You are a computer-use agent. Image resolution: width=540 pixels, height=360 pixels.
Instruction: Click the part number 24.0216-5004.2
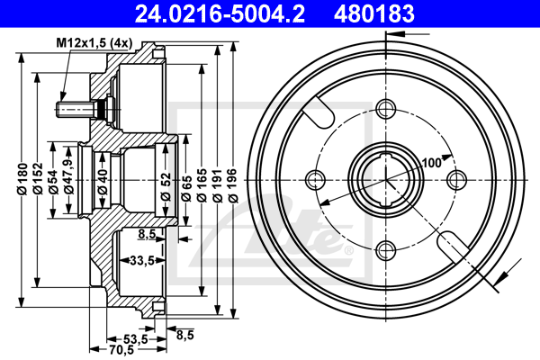pyautogui.click(x=220, y=13)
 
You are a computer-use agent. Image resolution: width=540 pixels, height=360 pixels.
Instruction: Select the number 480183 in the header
pyautogui.click(x=374, y=13)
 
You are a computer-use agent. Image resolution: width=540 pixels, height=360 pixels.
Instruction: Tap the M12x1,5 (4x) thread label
pyautogui.click(x=94, y=43)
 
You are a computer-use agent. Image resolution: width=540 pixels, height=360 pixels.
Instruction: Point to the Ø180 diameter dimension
pyautogui.click(x=22, y=179)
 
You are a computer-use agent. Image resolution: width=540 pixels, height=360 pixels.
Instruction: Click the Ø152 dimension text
pyautogui.click(x=38, y=179)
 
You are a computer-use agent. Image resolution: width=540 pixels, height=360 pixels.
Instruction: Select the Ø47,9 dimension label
pyautogui.click(x=68, y=176)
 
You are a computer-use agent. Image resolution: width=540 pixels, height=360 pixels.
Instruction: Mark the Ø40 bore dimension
pyautogui.click(x=103, y=182)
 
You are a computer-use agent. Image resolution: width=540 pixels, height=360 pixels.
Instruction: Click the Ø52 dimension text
pyautogui.click(x=166, y=186)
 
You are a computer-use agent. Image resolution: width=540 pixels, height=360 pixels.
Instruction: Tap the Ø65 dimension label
pyautogui.click(x=186, y=188)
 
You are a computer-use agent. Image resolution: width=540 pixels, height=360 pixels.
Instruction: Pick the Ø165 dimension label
pyautogui.click(x=202, y=185)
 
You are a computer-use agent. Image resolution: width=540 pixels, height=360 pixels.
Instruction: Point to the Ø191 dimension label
pyautogui.click(x=217, y=185)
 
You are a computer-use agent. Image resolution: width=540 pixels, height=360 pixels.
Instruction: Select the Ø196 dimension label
pyautogui.click(x=233, y=185)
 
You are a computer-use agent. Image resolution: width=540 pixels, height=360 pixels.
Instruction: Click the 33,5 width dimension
pyautogui.click(x=142, y=261)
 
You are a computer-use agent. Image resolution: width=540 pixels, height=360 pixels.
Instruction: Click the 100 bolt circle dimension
pyautogui.click(x=431, y=163)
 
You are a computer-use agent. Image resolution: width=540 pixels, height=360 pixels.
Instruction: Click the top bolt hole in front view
pyautogui.click(x=386, y=109)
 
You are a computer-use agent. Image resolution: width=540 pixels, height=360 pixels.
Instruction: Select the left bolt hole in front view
pyautogui.click(x=315, y=180)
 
